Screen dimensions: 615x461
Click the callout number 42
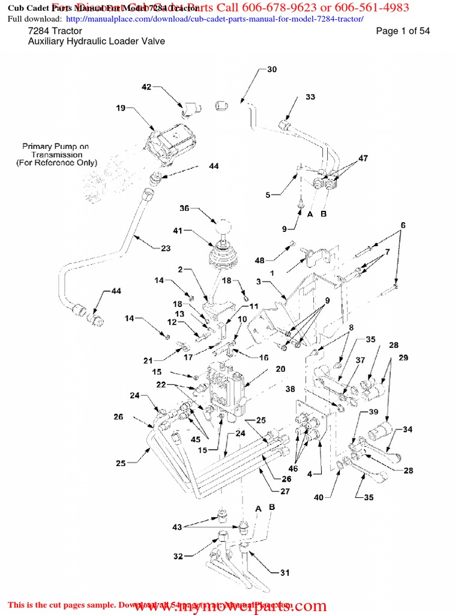tap(146, 87)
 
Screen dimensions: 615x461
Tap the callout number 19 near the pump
tap(121, 108)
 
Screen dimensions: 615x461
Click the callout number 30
tap(272, 70)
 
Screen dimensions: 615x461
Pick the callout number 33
tap(310, 97)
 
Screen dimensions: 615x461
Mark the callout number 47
tap(363, 159)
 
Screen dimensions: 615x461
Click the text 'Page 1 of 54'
tap(402, 31)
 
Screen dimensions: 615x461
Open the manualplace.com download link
tap(213, 19)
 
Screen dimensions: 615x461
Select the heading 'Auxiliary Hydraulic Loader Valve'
tap(97, 41)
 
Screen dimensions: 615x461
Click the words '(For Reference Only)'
tap(56, 163)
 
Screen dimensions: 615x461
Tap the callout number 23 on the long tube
tap(165, 248)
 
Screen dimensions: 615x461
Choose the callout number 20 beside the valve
tap(280, 369)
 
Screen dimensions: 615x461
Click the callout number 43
tap(177, 527)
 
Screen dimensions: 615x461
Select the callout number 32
tap(178, 557)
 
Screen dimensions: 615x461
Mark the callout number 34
tap(408, 429)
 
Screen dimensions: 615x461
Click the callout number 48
tap(259, 260)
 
